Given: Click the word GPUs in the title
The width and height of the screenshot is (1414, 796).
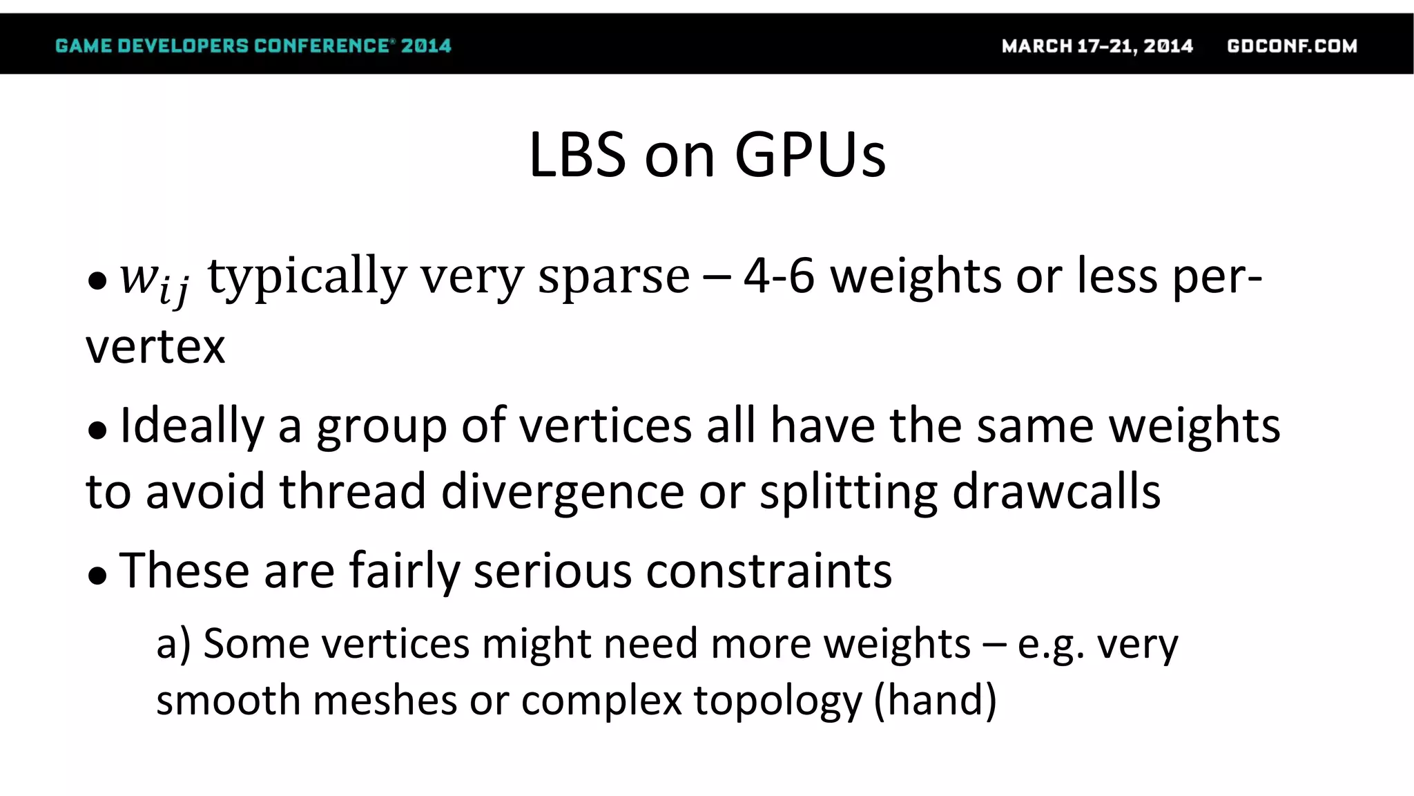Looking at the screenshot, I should pyautogui.click(x=811, y=155).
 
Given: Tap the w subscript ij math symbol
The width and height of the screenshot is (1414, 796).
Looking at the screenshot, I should pyautogui.click(x=154, y=278).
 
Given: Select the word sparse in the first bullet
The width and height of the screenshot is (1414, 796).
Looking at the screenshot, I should pyautogui.click(x=614, y=276).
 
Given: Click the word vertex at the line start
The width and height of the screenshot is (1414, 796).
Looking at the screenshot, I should pyautogui.click(x=155, y=347).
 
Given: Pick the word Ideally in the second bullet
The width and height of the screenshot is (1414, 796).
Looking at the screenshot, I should pyautogui.click(x=192, y=426).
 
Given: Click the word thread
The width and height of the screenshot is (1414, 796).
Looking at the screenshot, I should pyautogui.click(x=352, y=491).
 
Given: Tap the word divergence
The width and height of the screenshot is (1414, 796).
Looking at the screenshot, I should pyautogui.click(x=563, y=493).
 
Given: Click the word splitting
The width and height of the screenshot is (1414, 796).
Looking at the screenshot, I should pyautogui.click(x=849, y=493).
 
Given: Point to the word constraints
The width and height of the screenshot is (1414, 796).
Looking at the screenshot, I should pyautogui.click(x=768, y=571).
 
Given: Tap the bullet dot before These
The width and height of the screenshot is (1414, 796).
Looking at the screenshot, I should pyautogui.click(x=97, y=576).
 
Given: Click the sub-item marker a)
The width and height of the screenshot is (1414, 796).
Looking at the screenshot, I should pyautogui.click(x=173, y=644).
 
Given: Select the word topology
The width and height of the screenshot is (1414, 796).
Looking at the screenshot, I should pyautogui.click(x=778, y=701).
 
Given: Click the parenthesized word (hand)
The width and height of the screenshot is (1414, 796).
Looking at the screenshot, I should pyautogui.click(x=935, y=700).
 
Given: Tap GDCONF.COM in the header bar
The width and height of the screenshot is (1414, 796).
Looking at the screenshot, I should pyautogui.click(x=1292, y=46).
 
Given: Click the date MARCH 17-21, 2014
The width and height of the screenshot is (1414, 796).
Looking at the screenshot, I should pyautogui.click(x=1097, y=46).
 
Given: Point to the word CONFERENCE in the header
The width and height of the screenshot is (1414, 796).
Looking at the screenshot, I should pyautogui.click(x=322, y=46).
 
